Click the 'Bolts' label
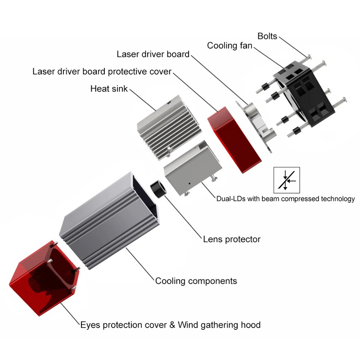(267, 36)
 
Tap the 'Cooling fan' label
(229, 45)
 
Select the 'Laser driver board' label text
(153, 54)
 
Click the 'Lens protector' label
(232, 239)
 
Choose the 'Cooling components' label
(196, 281)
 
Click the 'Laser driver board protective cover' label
(102, 72)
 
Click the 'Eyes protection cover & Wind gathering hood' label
(170, 324)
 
